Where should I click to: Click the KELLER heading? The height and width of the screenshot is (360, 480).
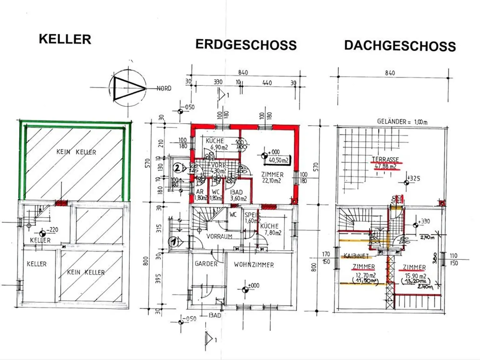65,39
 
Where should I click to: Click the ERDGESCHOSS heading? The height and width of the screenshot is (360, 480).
246,45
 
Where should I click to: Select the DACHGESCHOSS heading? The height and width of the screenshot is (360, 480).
400,46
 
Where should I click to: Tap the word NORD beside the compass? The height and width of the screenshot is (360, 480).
164,88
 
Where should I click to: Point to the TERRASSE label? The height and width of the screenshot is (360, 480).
385,160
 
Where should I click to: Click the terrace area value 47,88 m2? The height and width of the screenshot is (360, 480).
385,166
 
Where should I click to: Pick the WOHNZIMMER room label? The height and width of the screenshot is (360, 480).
254,265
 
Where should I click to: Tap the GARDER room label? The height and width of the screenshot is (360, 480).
206,264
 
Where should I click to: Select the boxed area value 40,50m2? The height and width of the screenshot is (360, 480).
279,160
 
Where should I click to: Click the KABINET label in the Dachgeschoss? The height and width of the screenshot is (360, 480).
356,256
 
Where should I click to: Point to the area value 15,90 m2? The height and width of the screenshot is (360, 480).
415,276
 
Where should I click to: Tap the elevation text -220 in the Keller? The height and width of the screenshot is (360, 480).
52,230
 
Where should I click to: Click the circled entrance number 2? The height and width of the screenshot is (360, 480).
177,169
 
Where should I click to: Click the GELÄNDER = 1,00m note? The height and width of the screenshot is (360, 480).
402,121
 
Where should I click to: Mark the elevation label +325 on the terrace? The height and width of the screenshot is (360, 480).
415,178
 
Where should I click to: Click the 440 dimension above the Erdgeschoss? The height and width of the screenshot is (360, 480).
267,83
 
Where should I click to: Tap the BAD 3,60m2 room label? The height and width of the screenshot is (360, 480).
238,195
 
